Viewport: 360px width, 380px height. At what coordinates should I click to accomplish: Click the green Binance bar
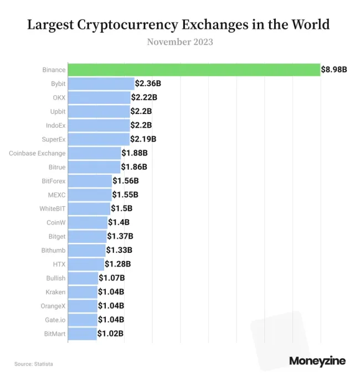click(x=194, y=70)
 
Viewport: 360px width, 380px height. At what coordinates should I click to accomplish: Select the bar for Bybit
click(x=101, y=84)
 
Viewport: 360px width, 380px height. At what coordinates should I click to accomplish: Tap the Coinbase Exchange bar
click(x=94, y=153)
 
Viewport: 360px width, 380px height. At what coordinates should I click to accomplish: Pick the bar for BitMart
click(x=82, y=334)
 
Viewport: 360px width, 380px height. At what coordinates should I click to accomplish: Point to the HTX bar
click(x=86, y=264)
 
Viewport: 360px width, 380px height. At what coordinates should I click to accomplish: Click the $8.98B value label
click(x=334, y=70)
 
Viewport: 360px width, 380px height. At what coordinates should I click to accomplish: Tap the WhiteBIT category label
click(x=53, y=209)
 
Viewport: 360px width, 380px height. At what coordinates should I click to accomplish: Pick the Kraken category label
click(x=55, y=292)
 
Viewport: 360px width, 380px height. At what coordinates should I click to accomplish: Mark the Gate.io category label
click(x=55, y=320)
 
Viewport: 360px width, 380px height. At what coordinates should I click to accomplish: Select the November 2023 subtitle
click(x=180, y=42)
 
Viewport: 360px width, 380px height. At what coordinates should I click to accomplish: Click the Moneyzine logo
click(x=317, y=361)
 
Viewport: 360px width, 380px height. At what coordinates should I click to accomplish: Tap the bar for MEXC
click(x=90, y=195)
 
